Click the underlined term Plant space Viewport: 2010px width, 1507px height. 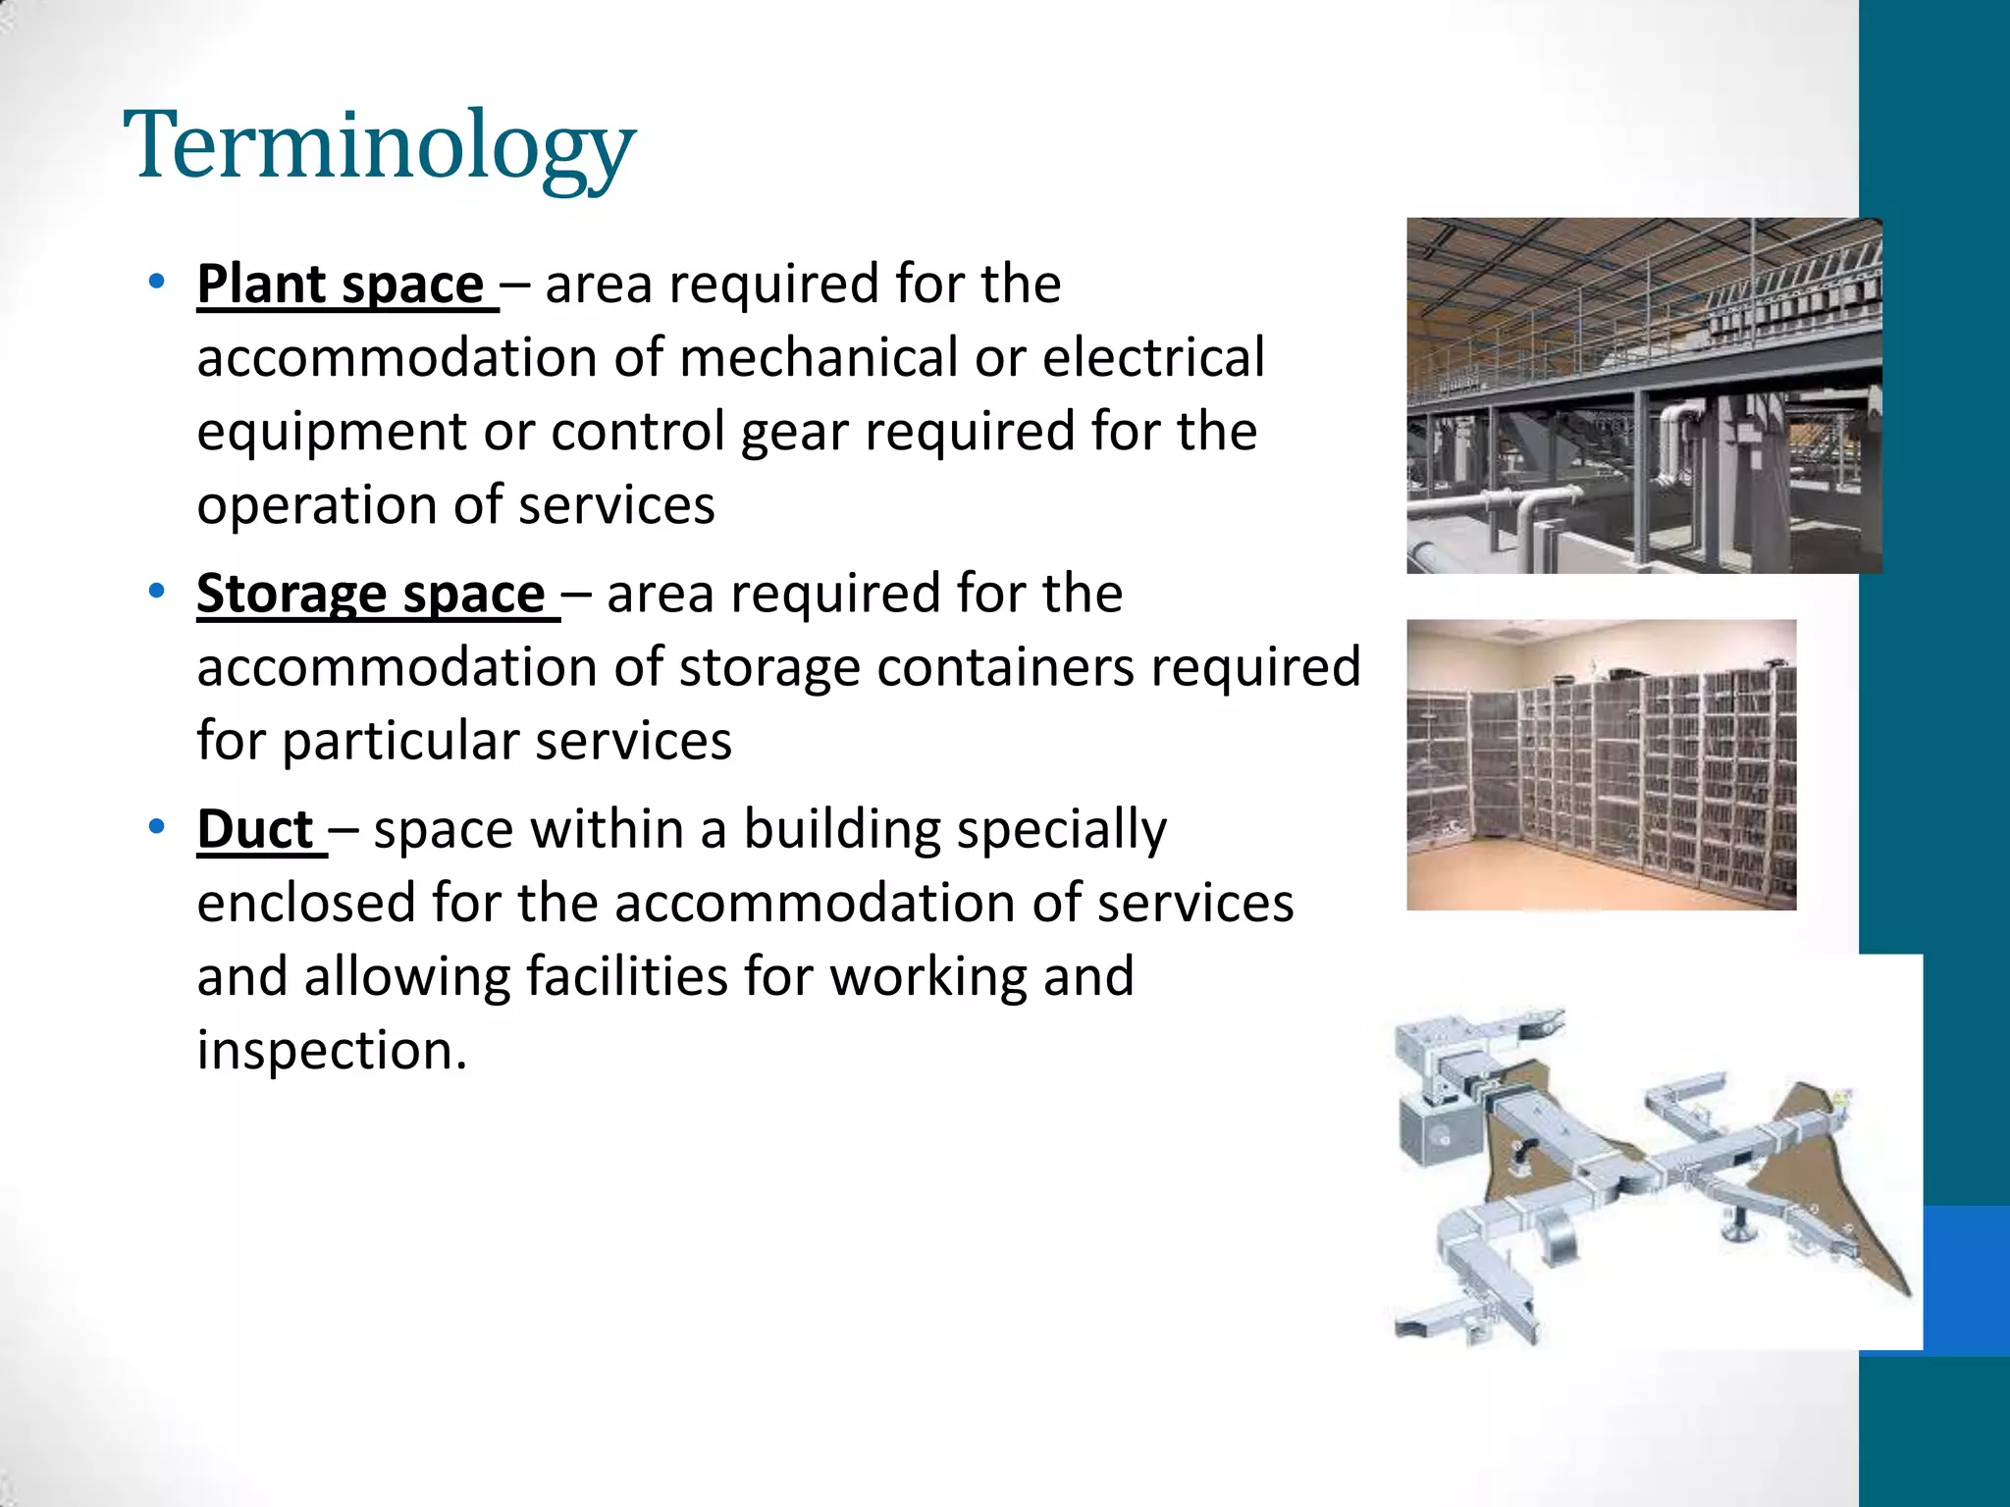[341, 285]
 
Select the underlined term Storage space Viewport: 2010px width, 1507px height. [371, 594]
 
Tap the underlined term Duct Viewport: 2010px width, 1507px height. [255, 829]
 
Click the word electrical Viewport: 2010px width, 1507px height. [1153, 357]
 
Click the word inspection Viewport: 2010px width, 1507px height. [332, 1051]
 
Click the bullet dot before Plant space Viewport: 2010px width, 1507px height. [156, 283]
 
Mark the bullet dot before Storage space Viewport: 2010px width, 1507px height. [156, 592]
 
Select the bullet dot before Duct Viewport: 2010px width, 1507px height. [156, 827]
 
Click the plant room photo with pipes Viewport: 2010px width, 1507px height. [1644, 395]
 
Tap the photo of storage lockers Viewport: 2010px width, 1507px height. [1601, 764]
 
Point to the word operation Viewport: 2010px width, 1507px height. [316, 506]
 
